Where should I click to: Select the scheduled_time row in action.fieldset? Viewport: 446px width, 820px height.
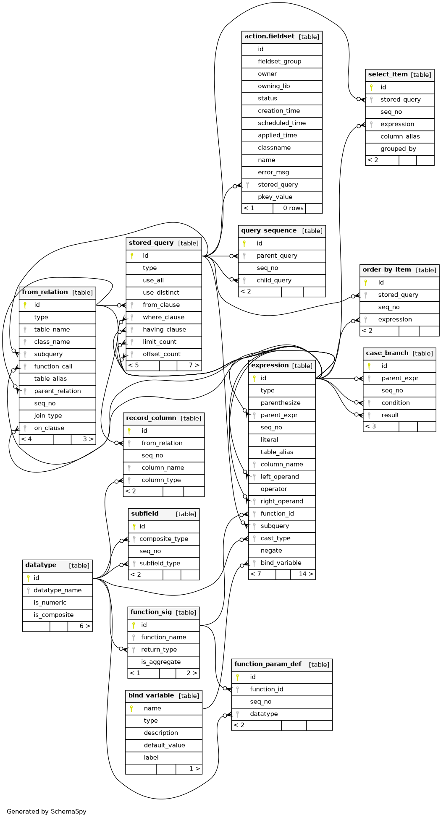282,123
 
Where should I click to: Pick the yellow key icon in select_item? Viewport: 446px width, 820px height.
371,87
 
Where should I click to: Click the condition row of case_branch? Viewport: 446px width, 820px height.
399,403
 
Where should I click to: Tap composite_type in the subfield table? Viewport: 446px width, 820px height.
164,539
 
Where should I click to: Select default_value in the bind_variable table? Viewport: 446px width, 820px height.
164,745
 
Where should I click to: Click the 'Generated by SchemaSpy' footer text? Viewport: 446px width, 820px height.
47,811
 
